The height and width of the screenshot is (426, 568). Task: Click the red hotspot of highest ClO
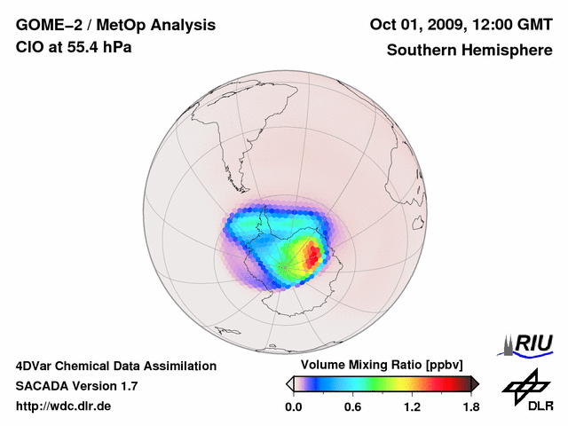tap(313, 256)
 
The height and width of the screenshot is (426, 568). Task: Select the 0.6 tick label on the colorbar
tap(352, 407)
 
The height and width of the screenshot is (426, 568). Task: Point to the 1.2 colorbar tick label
tap(411, 407)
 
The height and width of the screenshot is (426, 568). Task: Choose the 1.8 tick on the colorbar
tap(470, 407)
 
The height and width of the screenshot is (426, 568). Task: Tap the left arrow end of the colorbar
tap(289, 383)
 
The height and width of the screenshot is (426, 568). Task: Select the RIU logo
tap(527, 343)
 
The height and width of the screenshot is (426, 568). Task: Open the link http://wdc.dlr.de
tap(64, 407)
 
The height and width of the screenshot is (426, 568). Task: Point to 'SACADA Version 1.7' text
tap(76, 386)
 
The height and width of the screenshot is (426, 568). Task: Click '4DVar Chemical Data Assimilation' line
tap(115, 366)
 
